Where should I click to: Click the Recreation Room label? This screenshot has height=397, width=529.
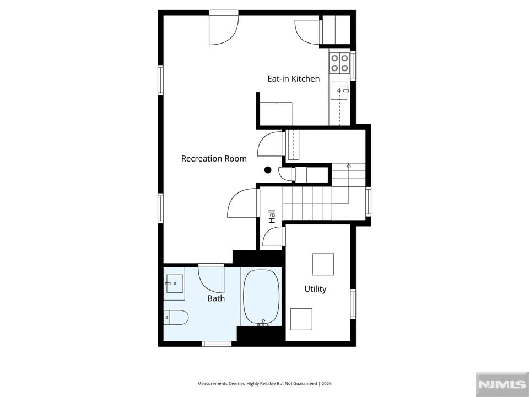pyautogui.click(x=214, y=159)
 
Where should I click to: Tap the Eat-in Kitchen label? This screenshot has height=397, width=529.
pyautogui.click(x=294, y=79)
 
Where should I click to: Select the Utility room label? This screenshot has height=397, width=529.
pyautogui.click(x=315, y=289)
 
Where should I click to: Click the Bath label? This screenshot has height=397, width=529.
pyautogui.click(x=216, y=298)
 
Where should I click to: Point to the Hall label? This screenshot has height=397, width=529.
pyautogui.click(x=272, y=216)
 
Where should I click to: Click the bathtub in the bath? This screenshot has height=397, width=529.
pyautogui.click(x=262, y=297)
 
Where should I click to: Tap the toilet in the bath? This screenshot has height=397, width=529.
pyautogui.click(x=176, y=318)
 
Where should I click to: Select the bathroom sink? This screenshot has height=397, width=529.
pyautogui.click(x=174, y=283)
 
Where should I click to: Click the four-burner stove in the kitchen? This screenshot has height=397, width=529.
pyautogui.click(x=339, y=63)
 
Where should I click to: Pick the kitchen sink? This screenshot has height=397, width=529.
pyautogui.click(x=339, y=91)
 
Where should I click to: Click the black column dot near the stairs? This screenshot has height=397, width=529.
pyautogui.click(x=268, y=170)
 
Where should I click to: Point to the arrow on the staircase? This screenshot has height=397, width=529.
pyautogui.click(x=348, y=184)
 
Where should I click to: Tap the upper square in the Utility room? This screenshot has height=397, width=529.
pyautogui.click(x=323, y=264)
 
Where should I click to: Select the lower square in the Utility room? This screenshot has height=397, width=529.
pyautogui.click(x=301, y=319)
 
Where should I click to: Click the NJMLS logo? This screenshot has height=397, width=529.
pyautogui.click(x=502, y=384)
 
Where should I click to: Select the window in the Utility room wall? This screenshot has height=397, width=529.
pyautogui.click(x=353, y=304)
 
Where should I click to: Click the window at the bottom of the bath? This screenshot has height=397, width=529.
pyautogui.click(x=217, y=344)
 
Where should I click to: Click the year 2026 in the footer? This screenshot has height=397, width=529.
pyautogui.click(x=327, y=384)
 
